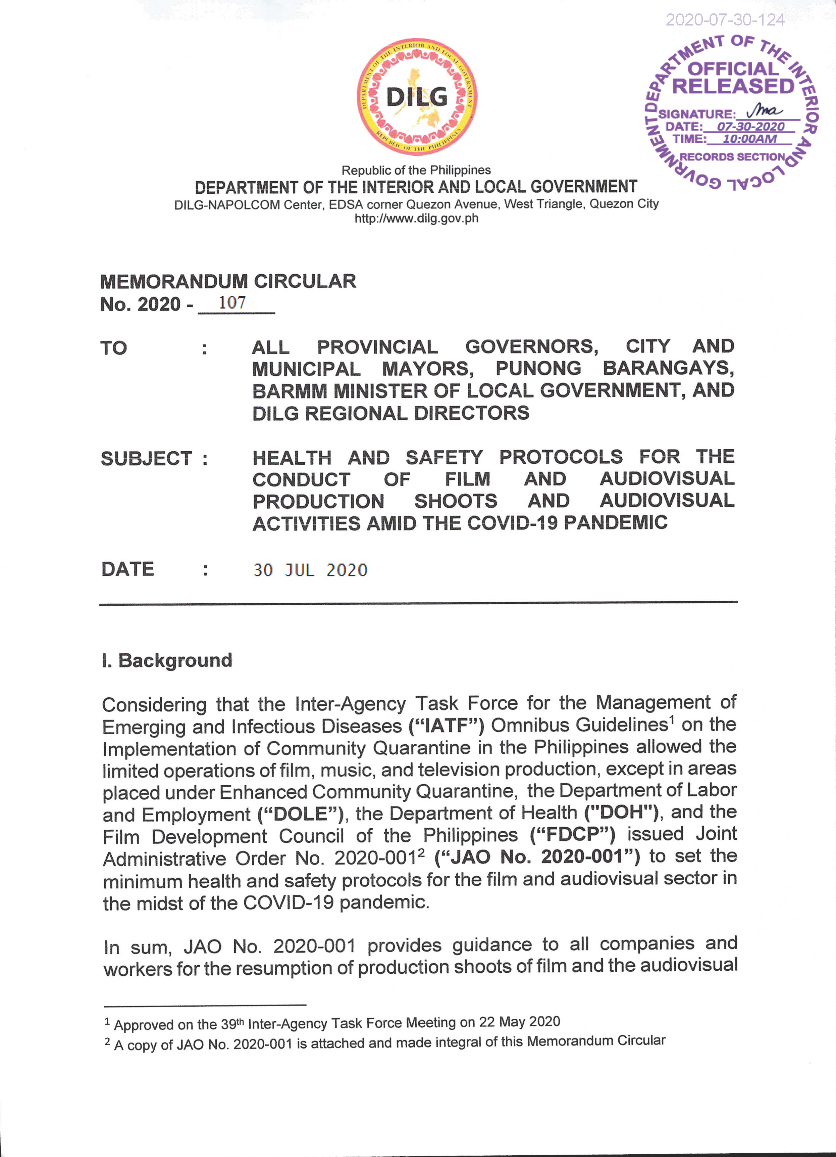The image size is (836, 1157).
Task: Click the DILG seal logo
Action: click(x=417, y=97)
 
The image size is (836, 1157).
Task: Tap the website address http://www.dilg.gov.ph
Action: click(x=416, y=218)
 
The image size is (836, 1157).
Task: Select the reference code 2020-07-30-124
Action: click(x=725, y=20)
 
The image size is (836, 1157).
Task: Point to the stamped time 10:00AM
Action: click(x=749, y=139)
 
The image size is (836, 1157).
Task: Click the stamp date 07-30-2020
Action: click(x=750, y=127)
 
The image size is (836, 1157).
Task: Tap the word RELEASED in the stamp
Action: click(x=733, y=86)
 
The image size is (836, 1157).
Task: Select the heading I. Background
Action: click(x=167, y=660)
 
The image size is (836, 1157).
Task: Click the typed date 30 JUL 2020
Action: click(x=310, y=570)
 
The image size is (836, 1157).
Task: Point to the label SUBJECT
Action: click(x=146, y=458)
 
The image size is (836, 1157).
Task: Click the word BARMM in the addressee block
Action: click(x=289, y=391)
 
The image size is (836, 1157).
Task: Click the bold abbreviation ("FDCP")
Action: click(x=572, y=835)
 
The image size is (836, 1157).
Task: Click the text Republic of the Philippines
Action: click(x=416, y=170)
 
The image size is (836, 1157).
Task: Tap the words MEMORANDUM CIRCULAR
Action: click(x=228, y=281)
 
